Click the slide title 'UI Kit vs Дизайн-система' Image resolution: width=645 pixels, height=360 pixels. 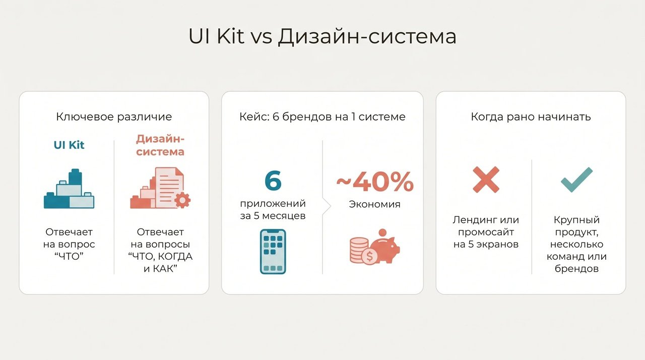322,36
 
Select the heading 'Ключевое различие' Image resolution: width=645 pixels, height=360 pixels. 114,116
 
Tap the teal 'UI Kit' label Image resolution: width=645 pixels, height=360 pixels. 69,145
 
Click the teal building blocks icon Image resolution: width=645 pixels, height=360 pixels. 69,189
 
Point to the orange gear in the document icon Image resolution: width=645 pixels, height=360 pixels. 182,200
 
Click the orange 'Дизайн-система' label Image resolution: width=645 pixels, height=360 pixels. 160,145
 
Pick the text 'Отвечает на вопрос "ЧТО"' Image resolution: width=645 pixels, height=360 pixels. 69,244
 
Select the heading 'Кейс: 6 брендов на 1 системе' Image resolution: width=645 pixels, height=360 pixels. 322,116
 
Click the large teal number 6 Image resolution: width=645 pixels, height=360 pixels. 273,181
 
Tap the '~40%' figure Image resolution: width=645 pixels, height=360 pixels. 375,182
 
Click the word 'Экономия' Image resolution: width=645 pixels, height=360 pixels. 374,204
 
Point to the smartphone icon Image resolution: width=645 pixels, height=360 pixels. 273,252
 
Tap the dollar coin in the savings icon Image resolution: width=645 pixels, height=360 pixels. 369,256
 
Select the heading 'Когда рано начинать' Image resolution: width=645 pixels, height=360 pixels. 531,116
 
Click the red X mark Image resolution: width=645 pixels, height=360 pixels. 486,179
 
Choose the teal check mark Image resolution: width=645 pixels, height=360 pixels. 576,179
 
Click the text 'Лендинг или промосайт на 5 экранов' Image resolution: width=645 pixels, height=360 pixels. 486,232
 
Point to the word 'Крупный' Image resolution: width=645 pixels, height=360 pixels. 576,220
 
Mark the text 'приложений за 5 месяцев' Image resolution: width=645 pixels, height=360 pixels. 273,209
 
